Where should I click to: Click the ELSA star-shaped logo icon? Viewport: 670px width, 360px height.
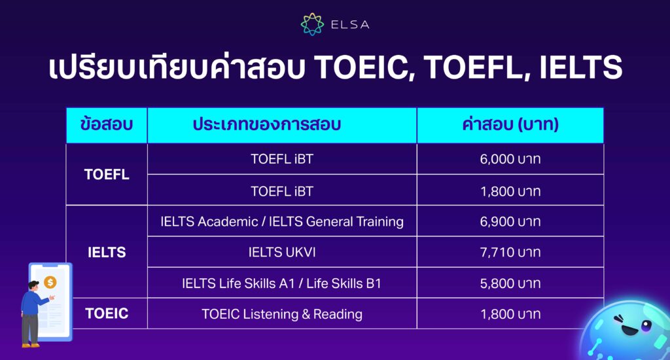tap(312, 24)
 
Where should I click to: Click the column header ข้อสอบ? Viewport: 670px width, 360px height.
tap(106, 124)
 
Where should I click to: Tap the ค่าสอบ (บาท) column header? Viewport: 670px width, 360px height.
tap(510, 124)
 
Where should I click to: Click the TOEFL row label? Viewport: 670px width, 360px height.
tap(106, 175)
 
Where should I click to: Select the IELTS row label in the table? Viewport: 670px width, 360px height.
tap(106, 252)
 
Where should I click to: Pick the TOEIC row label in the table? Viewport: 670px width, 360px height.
tap(106, 314)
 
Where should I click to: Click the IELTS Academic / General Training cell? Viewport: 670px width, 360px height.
tap(282, 221)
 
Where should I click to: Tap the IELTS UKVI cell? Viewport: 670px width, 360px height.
tap(282, 252)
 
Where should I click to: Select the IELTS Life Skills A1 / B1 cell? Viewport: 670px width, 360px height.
tap(282, 283)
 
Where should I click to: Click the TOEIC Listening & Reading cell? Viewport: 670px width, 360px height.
tap(282, 314)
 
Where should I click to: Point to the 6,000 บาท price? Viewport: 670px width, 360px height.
tap(510, 159)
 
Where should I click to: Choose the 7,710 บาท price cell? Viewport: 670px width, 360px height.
tap(510, 252)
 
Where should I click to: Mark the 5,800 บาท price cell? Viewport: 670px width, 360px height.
tap(510, 283)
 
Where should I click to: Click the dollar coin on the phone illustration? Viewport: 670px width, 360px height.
tap(51, 282)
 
